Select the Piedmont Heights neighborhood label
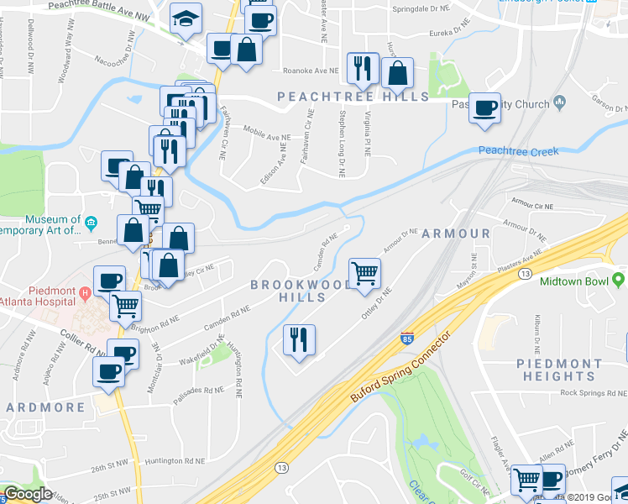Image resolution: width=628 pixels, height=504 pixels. [x=558, y=370]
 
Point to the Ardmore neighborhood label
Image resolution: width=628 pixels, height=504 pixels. [x=46, y=407]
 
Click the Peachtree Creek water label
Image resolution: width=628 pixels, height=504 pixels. [x=518, y=151]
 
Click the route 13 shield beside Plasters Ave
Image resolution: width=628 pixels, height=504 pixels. [x=525, y=274]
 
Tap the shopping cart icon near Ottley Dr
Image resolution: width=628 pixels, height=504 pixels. [x=364, y=272]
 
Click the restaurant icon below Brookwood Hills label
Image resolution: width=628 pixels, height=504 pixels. [x=299, y=339]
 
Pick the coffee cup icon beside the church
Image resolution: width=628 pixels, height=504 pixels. [x=484, y=108]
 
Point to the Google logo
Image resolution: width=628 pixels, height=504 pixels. [x=27, y=495]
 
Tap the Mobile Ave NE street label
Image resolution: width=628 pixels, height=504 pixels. [x=266, y=134]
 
